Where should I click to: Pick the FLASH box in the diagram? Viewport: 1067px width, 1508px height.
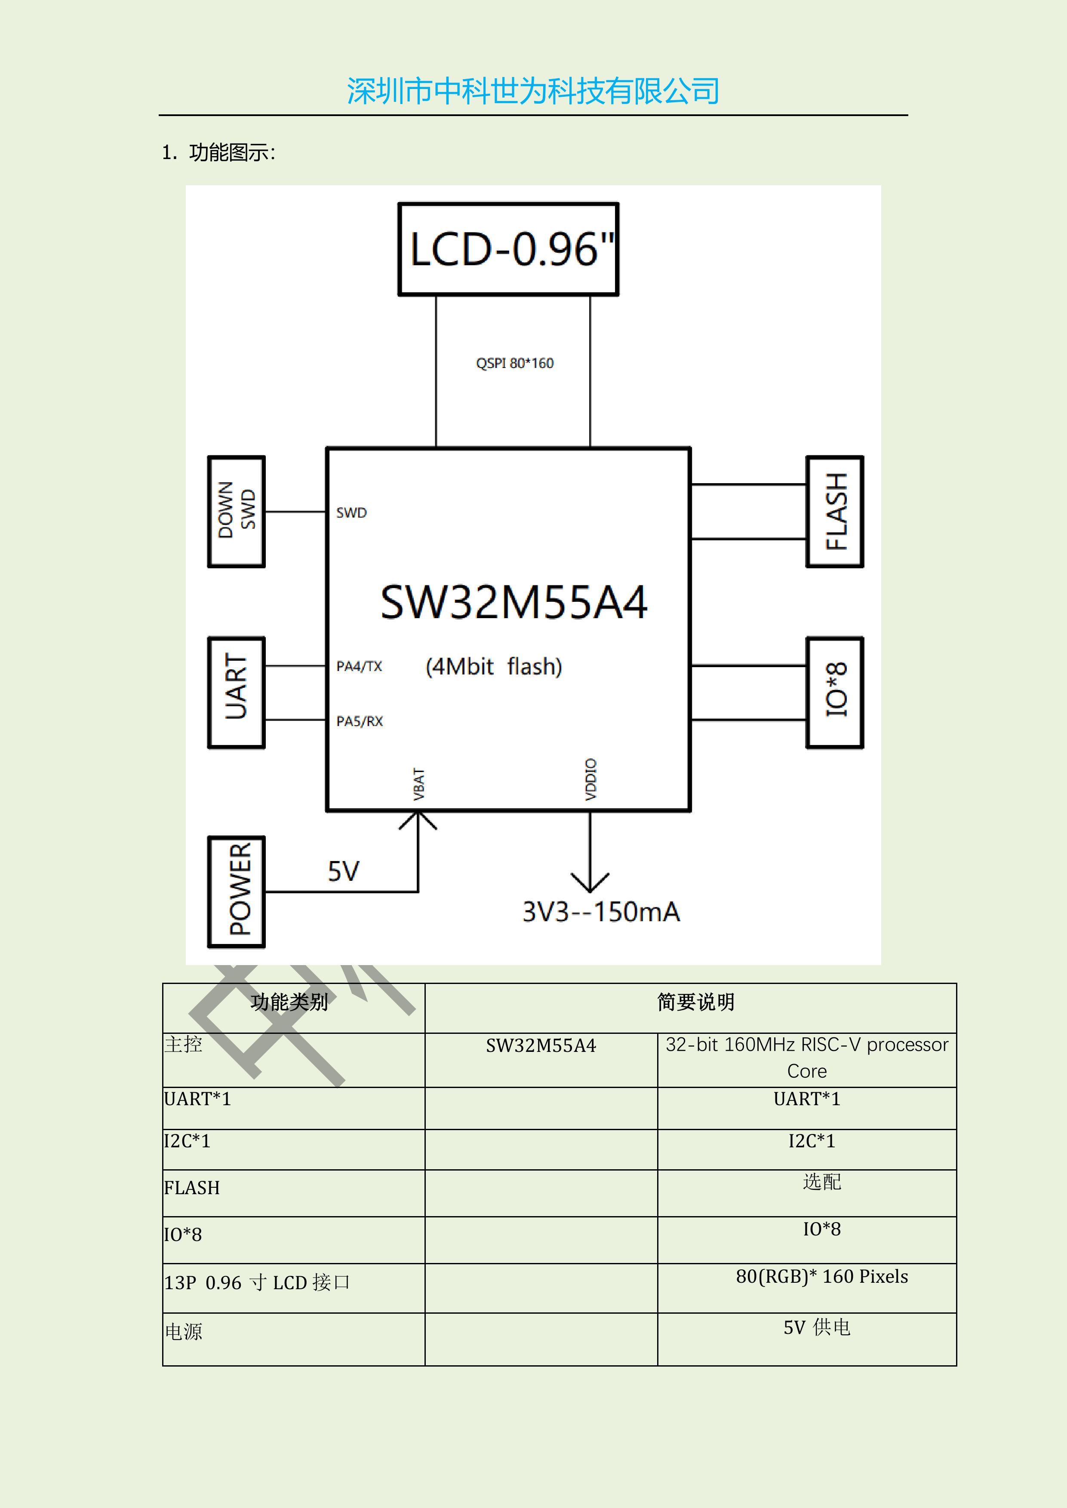click(834, 511)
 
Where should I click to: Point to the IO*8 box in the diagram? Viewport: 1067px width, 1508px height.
click(834, 692)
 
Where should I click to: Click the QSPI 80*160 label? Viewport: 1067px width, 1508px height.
click(514, 363)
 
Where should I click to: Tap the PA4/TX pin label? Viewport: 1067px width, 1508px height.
click(359, 666)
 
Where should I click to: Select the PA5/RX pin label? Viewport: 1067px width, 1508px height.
click(360, 721)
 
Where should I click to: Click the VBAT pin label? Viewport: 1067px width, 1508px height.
click(418, 784)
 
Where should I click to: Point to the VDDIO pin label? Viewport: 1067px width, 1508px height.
click(590, 780)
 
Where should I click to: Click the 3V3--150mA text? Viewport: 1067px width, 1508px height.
click(600, 912)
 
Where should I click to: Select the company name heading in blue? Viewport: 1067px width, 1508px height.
click(533, 91)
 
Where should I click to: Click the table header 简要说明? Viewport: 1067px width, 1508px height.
click(696, 1002)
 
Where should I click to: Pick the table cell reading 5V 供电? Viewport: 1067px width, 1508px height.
click(817, 1327)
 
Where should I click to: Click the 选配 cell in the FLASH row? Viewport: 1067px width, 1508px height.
click(821, 1182)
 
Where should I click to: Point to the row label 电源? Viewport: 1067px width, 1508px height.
click(183, 1331)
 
